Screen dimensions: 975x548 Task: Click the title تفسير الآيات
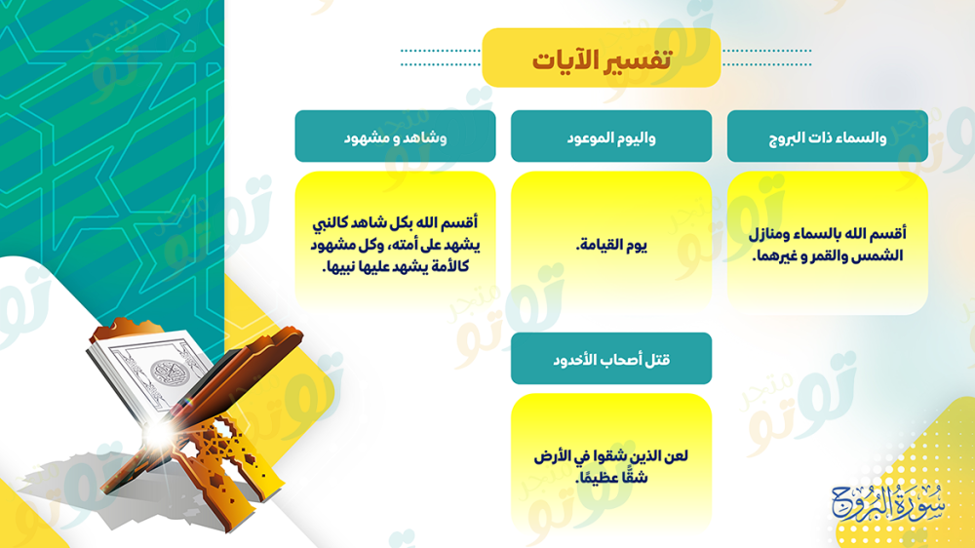point(602,59)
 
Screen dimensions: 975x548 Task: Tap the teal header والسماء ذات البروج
point(827,137)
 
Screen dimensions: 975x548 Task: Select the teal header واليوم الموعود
point(611,137)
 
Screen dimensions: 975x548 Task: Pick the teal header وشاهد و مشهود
point(396,137)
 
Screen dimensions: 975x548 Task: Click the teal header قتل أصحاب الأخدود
point(611,359)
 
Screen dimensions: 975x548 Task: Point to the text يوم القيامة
point(611,245)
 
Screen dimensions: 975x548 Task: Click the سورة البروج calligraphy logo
point(887,502)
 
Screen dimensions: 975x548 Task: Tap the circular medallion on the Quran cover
point(169,373)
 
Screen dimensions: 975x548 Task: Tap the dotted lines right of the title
point(767,58)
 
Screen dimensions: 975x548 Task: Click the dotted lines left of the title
point(441,58)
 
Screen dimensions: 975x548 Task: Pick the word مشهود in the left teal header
point(367,137)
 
